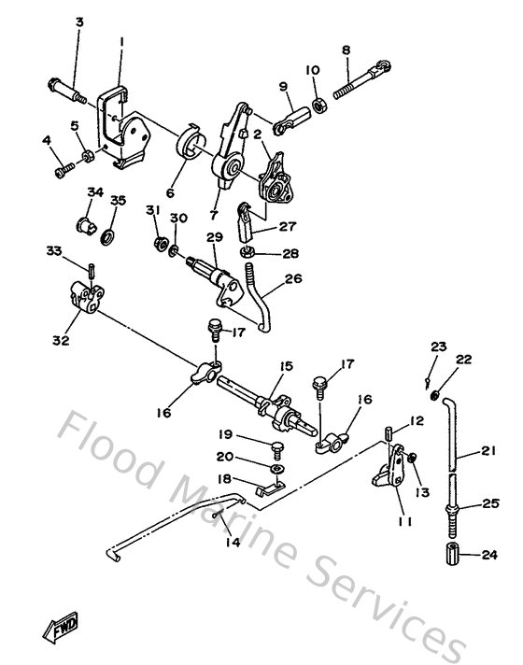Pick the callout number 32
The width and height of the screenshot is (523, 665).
click(x=62, y=341)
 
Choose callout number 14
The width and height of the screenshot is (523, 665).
click(x=232, y=541)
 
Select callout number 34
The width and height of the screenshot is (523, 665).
click(x=95, y=191)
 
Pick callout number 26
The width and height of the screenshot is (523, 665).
click(x=293, y=277)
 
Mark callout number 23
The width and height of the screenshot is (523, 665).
click(x=439, y=347)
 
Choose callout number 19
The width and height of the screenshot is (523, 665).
click(x=225, y=434)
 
